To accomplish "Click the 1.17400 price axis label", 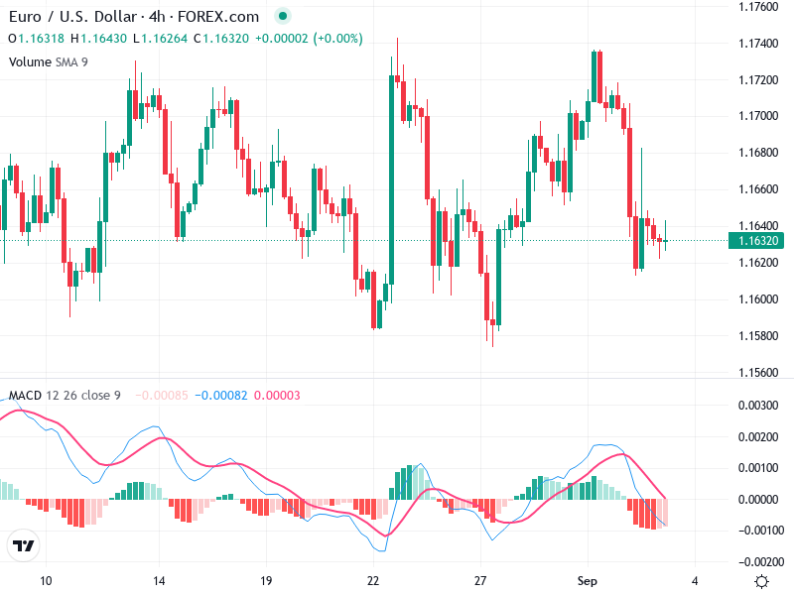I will point(758,43).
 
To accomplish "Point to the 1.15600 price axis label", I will point(758,373).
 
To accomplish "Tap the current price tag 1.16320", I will point(758,240).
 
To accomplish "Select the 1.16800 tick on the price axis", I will point(758,153).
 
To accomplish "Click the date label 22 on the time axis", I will point(373,580).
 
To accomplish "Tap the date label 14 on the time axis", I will point(158,580).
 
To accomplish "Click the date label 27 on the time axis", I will point(480,580).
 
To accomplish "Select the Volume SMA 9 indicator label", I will point(49,61).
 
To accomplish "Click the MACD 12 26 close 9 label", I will point(65,396).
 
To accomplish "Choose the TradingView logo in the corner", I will point(24,546).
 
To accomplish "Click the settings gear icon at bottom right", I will point(761,581).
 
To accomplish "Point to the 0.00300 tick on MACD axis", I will point(758,405).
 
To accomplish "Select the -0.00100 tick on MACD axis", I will point(756,531).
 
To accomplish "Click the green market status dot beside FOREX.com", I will point(283,17).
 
